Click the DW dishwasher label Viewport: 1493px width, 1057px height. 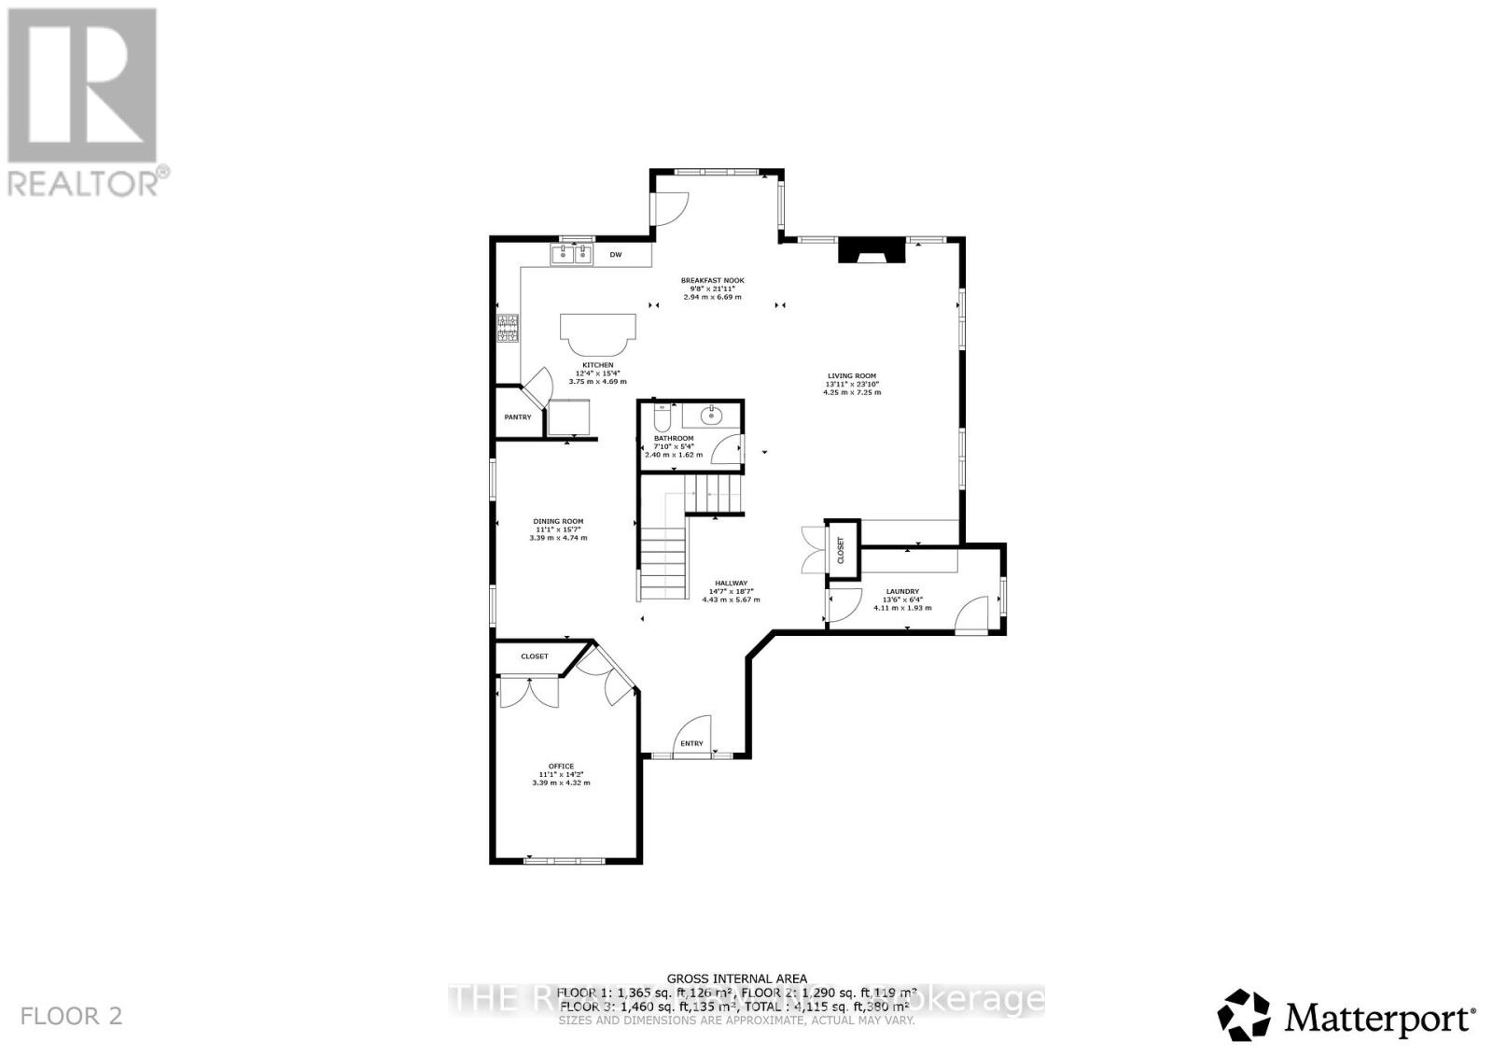point(615,255)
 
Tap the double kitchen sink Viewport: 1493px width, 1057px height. point(572,253)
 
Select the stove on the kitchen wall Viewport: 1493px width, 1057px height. point(508,329)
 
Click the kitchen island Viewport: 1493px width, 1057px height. point(598,330)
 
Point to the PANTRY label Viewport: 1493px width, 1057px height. point(517,417)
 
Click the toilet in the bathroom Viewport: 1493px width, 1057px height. point(663,416)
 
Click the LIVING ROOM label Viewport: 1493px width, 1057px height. point(851,376)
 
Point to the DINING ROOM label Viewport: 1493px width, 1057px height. point(558,522)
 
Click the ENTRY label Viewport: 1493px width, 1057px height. point(691,743)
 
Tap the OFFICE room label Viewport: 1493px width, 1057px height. point(561,767)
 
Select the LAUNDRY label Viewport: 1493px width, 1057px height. point(902,591)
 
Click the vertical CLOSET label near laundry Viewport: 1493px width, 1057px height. point(841,548)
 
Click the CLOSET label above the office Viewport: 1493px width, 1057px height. point(535,656)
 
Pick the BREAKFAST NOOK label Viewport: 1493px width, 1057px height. point(712,281)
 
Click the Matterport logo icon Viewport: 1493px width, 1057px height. point(1244,1015)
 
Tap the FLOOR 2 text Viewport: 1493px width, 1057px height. point(72,1016)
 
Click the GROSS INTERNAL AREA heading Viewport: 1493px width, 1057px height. point(737,979)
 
